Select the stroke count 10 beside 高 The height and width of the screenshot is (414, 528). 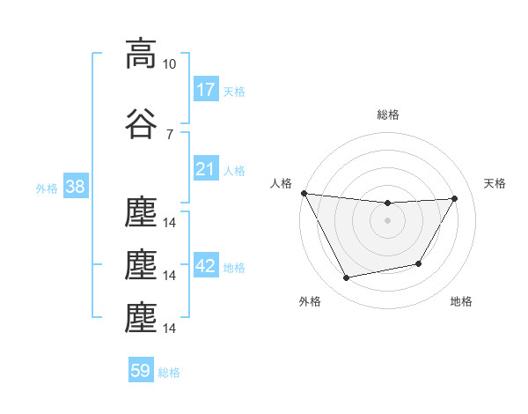(170, 64)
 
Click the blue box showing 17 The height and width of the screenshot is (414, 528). (206, 89)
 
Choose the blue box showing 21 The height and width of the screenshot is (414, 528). (206, 169)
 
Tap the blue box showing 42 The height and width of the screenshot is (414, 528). (206, 267)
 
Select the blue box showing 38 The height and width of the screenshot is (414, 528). (75, 187)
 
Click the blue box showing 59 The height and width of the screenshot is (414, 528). (141, 371)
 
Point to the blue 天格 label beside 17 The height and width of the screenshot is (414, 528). (234, 91)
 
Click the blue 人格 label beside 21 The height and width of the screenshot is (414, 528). (234, 171)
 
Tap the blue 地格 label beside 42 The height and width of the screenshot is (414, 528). (234, 268)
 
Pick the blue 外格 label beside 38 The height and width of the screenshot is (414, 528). (47, 188)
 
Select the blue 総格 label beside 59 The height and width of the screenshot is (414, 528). (169, 373)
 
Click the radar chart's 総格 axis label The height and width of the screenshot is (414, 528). (388, 115)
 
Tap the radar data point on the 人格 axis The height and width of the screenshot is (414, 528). (304, 193)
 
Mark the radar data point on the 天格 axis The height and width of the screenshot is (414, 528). (454, 198)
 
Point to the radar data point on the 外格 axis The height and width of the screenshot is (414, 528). (346, 278)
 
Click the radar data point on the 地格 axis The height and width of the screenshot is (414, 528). (419, 263)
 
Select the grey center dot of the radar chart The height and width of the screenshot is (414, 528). (387, 220)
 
